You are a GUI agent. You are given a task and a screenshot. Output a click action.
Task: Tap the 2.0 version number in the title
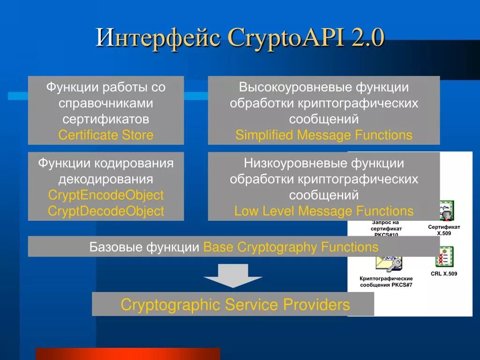(367, 37)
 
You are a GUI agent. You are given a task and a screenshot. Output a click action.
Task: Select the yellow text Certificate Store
(106, 135)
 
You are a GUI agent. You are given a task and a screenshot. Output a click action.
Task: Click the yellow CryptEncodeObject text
(106, 195)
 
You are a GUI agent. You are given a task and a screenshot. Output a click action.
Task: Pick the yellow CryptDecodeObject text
(106, 211)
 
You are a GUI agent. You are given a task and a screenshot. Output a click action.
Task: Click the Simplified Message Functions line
(324, 135)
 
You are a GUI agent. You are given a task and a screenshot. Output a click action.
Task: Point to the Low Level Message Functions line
(324, 211)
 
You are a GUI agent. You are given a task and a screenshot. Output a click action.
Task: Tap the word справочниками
(106, 103)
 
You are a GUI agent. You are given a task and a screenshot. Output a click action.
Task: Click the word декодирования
(106, 179)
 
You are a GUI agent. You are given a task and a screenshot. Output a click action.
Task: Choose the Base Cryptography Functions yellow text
(291, 247)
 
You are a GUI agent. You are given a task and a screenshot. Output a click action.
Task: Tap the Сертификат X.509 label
(444, 230)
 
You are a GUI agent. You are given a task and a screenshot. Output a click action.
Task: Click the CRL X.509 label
(444, 273)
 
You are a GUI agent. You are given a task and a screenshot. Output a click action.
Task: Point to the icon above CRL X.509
(444, 257)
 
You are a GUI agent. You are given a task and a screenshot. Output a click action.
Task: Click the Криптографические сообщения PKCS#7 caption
(386, 281)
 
